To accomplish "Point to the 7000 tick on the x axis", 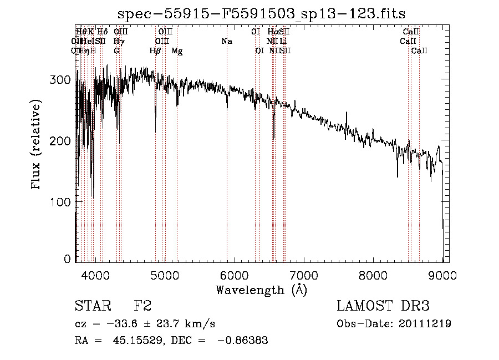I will coord(304,275).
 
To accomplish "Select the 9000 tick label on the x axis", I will coord(442,275).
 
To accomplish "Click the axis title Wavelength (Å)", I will coord(261,290).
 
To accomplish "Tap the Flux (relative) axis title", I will coord(37,145).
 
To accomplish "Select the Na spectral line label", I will coord(226,41).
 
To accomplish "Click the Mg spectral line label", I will coord(177,51).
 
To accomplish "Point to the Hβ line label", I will coord(155,51).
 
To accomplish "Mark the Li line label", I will coord(283,41).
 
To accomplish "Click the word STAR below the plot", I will coord(91,306).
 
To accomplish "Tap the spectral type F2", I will coord(142,306).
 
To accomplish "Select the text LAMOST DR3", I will coord(383,306).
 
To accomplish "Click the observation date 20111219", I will coord(424,323).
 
